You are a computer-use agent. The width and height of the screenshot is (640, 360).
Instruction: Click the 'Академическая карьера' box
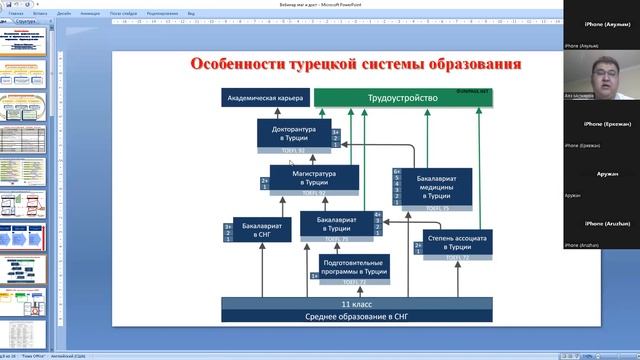coord(264,98)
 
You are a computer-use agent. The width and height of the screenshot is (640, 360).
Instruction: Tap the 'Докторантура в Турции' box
coord(293,134)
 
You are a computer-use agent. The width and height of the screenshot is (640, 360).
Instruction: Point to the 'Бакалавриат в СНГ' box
coord(262,229)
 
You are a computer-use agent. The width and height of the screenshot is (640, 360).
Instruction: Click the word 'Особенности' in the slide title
coord(241,64)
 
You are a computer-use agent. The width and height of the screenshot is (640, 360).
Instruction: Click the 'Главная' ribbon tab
coord(16,14)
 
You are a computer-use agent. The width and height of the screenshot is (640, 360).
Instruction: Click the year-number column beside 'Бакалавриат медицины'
coord(397,185)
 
